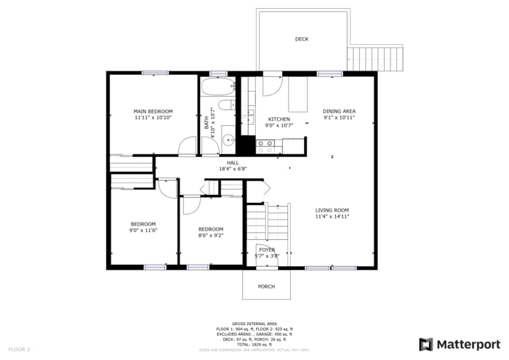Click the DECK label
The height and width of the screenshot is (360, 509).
click(302, 39)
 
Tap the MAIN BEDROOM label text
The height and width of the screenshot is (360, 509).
click(153, 111)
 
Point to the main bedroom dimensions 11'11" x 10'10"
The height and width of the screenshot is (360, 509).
click(153, 118)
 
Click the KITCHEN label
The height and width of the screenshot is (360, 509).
click(279, 119)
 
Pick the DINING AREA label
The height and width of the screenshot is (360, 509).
click(339, 111)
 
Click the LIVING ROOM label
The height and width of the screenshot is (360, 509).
click(332, 210)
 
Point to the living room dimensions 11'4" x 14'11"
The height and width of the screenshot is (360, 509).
click(332, 217)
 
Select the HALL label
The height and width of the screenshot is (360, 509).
click(233, 163)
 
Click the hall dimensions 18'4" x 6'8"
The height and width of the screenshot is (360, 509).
click(233, 169)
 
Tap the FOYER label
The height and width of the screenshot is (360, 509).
click(267, 249)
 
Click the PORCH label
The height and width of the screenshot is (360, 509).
click(267, 287)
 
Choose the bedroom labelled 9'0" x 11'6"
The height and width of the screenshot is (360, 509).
click(144, 227)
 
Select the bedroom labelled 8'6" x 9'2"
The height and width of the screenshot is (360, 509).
click(212, 232)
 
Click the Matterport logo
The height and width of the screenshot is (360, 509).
click(460, 344)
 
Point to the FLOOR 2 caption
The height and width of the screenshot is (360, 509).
click(19, 350)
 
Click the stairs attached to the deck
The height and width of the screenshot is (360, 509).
click(376, 58)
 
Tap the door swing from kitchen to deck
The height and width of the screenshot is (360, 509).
click(272, 85)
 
